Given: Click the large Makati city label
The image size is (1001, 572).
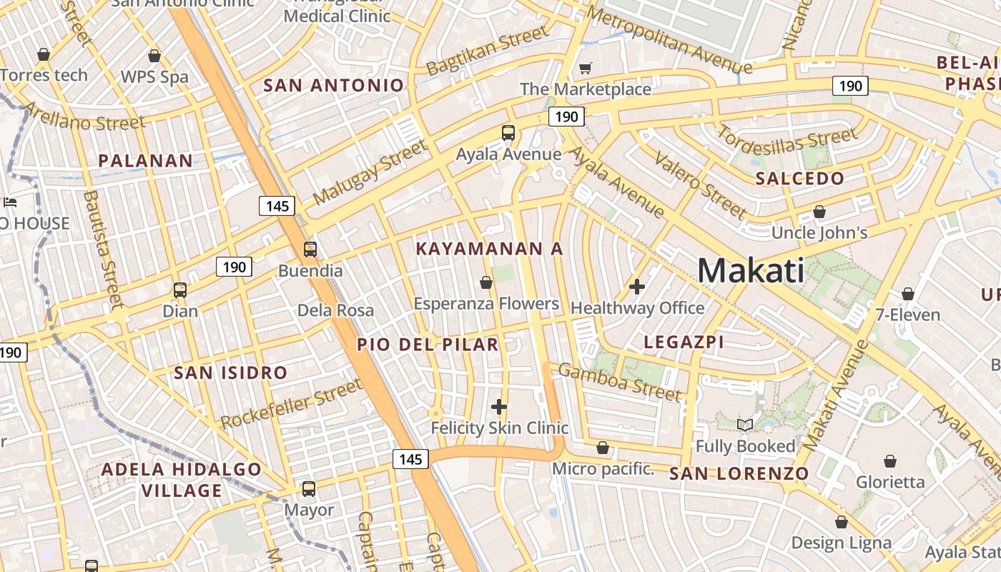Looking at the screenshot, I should click(750, 271).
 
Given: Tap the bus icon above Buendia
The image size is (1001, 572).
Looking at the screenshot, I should click(310, 250).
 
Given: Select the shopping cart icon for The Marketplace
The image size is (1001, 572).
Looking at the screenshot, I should click(585, 69).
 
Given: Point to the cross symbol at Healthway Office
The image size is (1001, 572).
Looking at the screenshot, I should click(636, 287).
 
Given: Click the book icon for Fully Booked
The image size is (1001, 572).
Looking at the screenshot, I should click(745, 425).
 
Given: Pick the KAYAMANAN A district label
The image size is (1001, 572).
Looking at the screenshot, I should click(489, 249).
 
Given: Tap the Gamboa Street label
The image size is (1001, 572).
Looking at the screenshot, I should click(619, 383).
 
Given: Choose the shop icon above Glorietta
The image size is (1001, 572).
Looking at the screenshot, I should click(890, 460).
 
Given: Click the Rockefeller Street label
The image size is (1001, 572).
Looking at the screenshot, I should click(292, 405).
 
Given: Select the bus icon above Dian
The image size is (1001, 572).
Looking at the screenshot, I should click(179, 290).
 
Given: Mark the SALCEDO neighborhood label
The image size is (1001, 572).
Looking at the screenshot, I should click(799, 179).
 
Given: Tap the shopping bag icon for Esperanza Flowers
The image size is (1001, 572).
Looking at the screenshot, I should click(486, 282).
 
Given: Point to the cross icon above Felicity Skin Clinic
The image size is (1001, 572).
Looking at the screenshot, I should click(499, 407).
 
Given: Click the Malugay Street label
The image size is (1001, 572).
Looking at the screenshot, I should click(370, 172).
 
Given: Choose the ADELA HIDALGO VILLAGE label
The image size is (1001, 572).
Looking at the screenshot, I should click(182, 480).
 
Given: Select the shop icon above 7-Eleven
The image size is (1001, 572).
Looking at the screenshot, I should click(907, 294).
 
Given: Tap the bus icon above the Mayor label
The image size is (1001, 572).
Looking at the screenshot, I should click(308, 489).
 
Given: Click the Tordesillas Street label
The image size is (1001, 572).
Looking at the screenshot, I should click(786, 142).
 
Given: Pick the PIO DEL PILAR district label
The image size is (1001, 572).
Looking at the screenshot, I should click(428, 345).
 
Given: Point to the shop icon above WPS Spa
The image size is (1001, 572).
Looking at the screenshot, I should click(154, 56).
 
